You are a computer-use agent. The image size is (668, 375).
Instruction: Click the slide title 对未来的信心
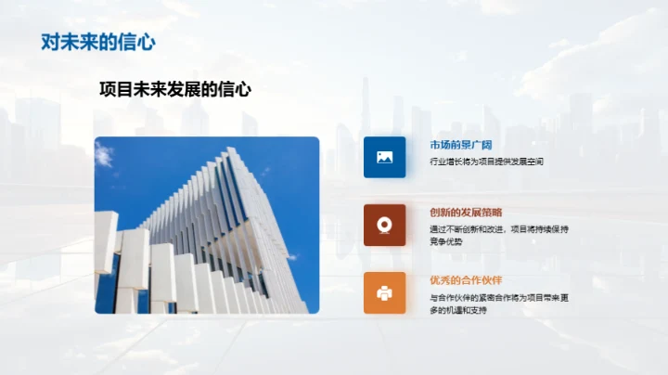point(97,42)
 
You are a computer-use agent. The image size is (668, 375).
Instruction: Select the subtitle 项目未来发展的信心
point(175,90)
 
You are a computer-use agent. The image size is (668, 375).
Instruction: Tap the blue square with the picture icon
point(384,157)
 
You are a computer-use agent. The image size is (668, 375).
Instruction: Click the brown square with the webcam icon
point(384,225)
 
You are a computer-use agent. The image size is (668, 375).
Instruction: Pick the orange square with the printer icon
point(384,292)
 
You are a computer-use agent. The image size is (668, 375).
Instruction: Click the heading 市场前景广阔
point(461,146)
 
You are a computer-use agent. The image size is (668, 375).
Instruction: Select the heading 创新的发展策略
point(466,213)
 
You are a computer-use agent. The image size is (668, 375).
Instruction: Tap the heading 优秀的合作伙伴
point(466,280)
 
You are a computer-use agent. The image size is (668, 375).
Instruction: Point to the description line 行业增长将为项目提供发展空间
point(486,162)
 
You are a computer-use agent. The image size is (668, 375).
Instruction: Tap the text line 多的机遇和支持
point(458,310)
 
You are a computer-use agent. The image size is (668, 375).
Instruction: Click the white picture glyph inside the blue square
point(384,157)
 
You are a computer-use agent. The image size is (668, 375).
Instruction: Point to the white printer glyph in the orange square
point(384,292)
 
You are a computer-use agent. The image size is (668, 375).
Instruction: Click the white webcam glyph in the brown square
point(384,225)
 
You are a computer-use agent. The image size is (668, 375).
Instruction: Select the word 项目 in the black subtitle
point(113,90)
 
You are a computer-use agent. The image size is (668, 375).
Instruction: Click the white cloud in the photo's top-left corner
point(104,154)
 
